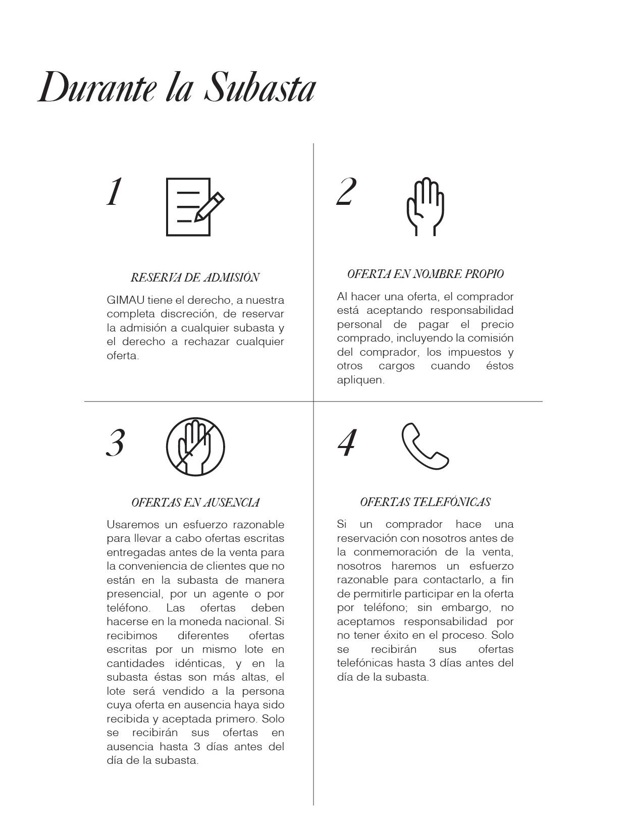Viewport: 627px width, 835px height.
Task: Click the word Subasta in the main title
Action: (x=260, y=88)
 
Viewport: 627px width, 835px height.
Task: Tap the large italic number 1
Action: (x=115, y=192)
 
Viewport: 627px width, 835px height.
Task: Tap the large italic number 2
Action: (x=346, y=192)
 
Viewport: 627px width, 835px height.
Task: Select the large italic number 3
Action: (x=116, y=443)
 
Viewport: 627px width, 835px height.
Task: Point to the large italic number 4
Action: (x=347, y=443)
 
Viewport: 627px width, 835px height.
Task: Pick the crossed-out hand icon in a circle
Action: (x=195, y=447)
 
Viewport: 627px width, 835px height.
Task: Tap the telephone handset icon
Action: (x=425, y=446)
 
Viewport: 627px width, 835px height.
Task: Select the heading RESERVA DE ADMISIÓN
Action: (x=195, y=277)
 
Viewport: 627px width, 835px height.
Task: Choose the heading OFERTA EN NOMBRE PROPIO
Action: (x=425, y=274)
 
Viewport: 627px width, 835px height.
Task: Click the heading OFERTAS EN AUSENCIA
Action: (x=195, y=503)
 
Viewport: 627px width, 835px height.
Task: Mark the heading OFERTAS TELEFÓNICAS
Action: (x=425, y=502)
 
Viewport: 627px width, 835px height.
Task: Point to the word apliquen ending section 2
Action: (x=360, y=380)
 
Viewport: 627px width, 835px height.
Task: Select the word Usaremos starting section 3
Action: (x=132, y=525)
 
